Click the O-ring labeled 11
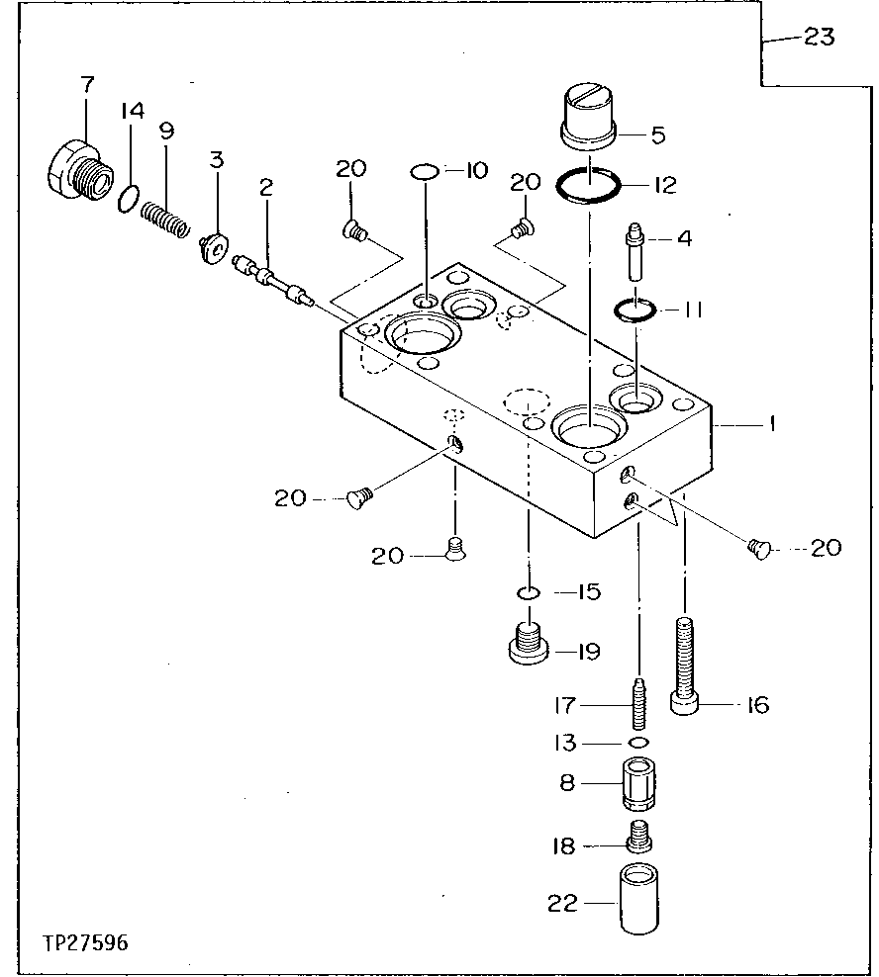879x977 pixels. tap(633, 310)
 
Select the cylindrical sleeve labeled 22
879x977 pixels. tap(639, 898)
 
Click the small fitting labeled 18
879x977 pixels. tap(639, 841)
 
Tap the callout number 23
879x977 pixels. tap(819, 38)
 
